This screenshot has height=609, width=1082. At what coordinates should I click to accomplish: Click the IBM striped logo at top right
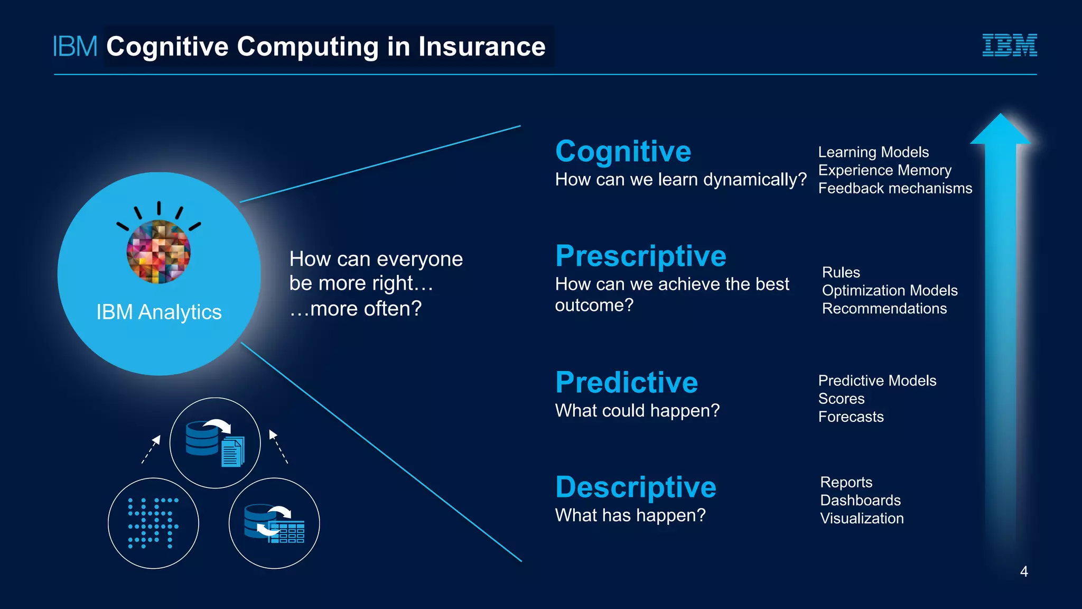[x=1009, y=45]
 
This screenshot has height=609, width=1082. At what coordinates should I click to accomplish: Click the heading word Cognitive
[x=623, y=152]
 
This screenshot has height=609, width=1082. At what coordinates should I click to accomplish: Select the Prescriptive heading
[x=640, y=256]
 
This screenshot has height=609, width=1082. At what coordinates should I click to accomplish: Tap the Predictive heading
[x=626, y=382]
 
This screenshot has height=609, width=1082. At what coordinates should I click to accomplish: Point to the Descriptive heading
[x=636, y=487]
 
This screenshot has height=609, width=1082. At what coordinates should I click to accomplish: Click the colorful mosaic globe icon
[x=158, y=252]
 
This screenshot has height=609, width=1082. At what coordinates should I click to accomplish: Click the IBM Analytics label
[x=158, y=312]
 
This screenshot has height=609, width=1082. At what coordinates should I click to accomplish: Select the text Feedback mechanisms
[x=894, y=188]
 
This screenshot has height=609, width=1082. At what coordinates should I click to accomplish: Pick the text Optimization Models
[x=889, y=290]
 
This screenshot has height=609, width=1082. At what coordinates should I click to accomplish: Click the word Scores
[x=841, y=399]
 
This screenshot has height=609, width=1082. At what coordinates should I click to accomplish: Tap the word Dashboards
[x=860, y=500]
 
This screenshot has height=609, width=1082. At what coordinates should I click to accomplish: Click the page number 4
[x=1023, y=571]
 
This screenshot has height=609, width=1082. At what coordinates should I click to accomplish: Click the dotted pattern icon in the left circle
[x=153, y=523]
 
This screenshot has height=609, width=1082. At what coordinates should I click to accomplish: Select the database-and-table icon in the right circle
[x=274, y=523]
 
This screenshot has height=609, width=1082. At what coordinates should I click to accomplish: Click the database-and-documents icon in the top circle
[x=215, y=443]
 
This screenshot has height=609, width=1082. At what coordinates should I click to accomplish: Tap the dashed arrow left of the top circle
[x=151, y=449]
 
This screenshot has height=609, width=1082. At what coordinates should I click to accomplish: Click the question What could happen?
[x=637, y=410]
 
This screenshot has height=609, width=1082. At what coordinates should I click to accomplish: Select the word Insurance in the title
[x=482, y=47]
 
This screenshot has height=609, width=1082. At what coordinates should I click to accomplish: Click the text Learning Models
[x=873, y=152]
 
